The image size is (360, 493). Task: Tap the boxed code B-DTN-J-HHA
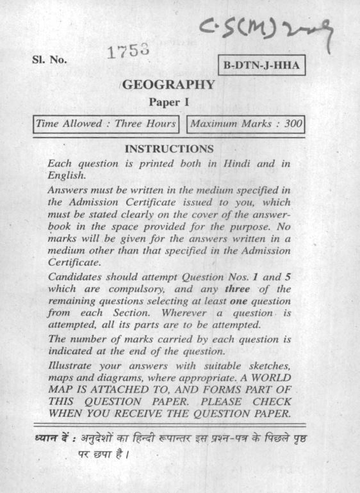tap(261, 66)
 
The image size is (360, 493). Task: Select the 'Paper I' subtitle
tap(168, 101)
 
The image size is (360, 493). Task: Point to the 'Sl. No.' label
tap(51, 61)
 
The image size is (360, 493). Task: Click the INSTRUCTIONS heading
tap(168, 149)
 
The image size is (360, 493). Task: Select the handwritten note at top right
tap(270, 29)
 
